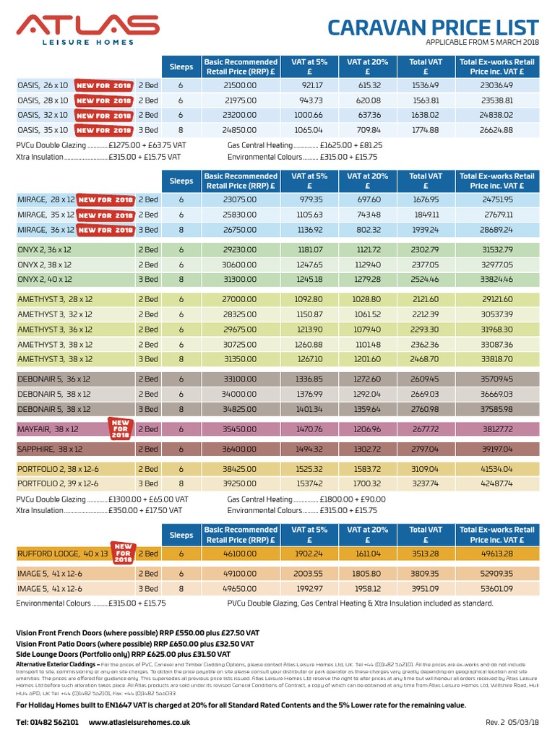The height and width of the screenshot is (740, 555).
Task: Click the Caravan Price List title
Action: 433,27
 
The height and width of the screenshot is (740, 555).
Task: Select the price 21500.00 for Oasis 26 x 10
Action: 240,85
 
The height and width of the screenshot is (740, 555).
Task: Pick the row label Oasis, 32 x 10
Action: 43,115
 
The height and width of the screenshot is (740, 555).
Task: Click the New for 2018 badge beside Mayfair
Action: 120,428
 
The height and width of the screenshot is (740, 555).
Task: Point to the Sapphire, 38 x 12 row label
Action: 51,448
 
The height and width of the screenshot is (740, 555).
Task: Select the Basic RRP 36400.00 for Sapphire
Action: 240,448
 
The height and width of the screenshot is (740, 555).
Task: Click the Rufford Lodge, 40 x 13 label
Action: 62,554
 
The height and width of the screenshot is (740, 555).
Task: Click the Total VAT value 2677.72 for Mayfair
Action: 425,429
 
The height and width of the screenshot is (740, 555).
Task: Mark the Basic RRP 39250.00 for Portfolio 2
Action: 240,483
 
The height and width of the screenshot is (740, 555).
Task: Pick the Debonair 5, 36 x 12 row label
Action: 54,379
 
